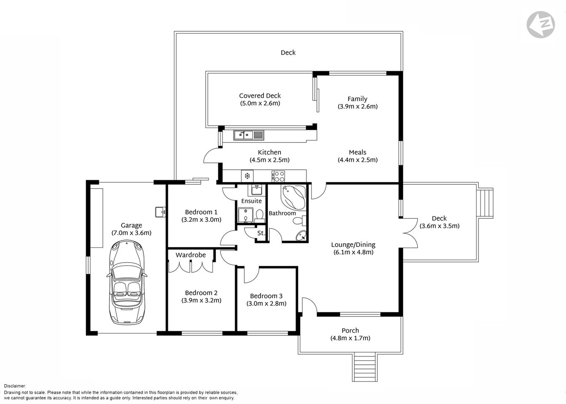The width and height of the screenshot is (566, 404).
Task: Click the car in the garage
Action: click(126, 282)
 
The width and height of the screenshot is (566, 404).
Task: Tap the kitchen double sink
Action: click(248, 135)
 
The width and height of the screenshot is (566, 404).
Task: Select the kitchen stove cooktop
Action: click(278, 175)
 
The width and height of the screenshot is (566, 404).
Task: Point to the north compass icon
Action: click(541, 24)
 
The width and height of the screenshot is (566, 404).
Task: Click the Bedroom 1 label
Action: click(201, 212)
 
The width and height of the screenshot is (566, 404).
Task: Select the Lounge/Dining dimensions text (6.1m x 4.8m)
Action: click(353, 252)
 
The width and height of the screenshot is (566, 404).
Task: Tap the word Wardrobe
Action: click(191, 255)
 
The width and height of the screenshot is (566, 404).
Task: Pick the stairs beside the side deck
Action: click(486, 202)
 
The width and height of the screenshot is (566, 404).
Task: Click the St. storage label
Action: click(261, 233)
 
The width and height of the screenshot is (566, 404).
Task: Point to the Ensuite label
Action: click(251, 201)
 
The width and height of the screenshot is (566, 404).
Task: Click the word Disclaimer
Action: click(15, 386)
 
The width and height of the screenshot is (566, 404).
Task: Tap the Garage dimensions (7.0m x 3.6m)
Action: click(131, 233)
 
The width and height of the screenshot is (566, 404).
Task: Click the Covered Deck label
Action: click(260, 96)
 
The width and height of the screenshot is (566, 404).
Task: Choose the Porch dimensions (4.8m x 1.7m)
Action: click(350, 338)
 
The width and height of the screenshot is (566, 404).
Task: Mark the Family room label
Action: click(357, 99)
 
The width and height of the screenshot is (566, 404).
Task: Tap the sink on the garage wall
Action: click(160, 212)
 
